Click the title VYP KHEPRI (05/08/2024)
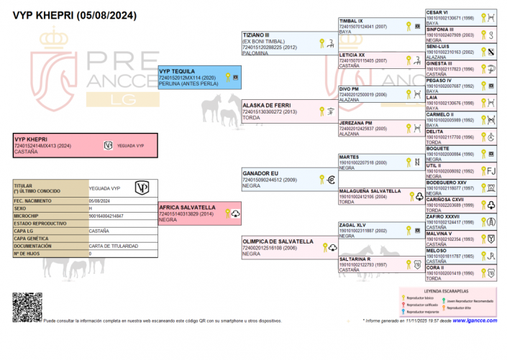[x=66, y=14]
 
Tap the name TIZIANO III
[x=256, y=34]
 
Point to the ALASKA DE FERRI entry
[x=266, y=105]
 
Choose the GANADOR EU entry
[x=260, y=173]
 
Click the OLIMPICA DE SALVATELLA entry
[x=277, y=241]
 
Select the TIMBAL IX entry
[x=351, y=22]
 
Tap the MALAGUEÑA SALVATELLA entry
[x=370, y=191]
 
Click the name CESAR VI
[x=437, y=12]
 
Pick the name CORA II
[x=436, y=267]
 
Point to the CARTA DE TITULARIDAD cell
[x=110, y=246]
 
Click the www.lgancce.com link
[x=477, y=321]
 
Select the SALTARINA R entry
[x=355, y=259]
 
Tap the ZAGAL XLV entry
[x=352, y=225]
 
